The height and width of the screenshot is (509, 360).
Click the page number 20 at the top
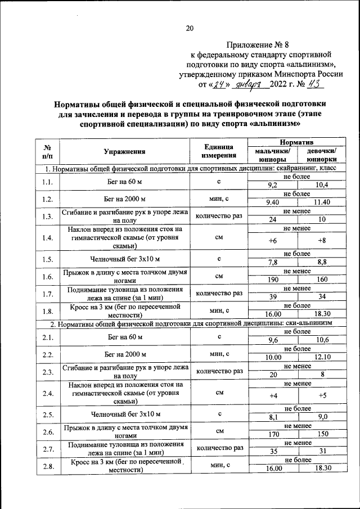tap(189, 29)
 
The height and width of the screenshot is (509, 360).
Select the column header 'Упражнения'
tap(125, 151)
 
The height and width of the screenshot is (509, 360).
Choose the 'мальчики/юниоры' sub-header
tap(273, 155)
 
